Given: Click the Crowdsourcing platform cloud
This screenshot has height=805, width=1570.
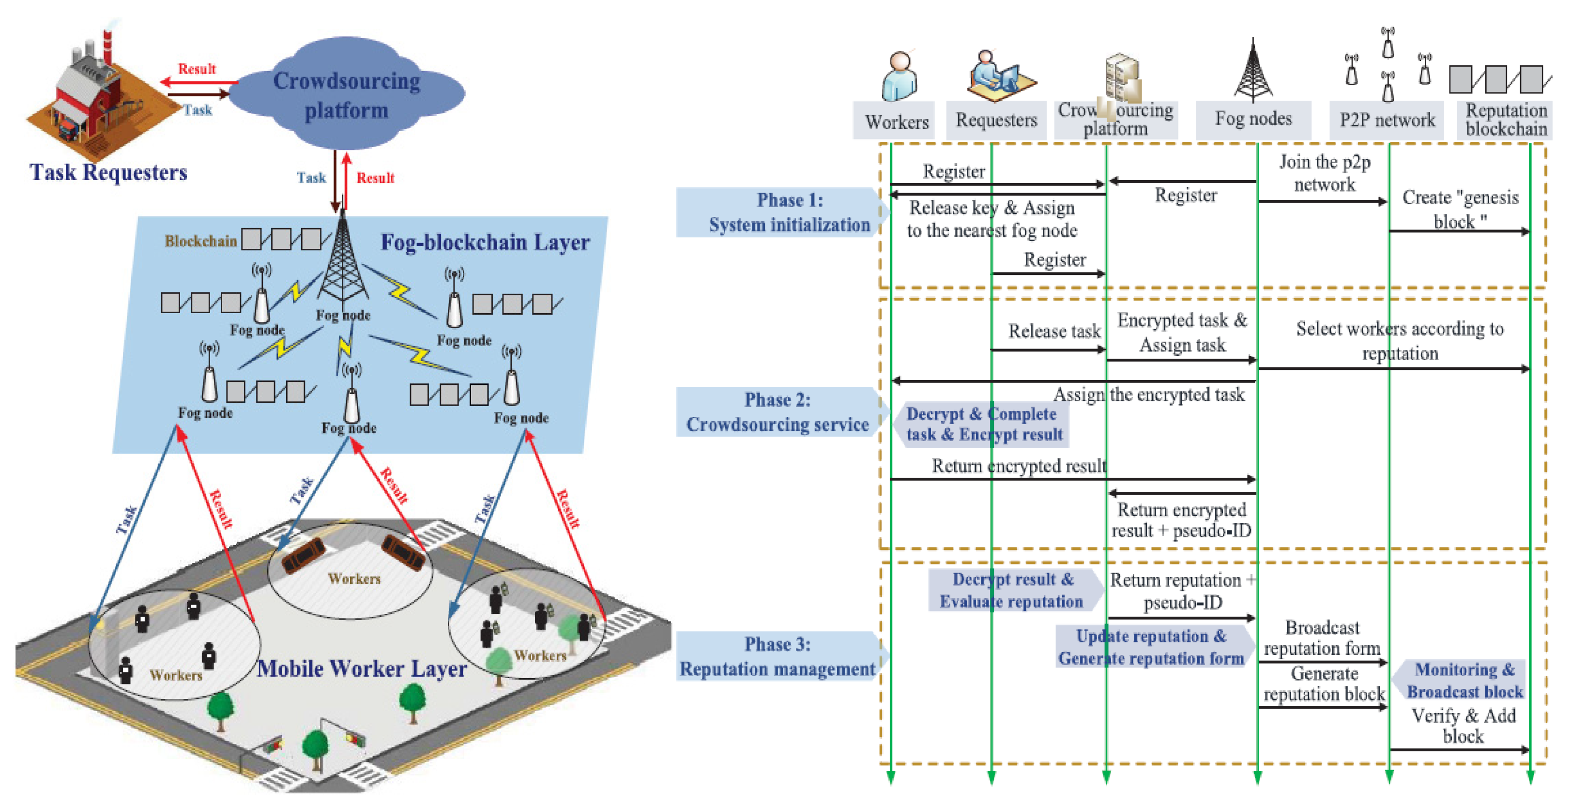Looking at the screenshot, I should (x=346, y=94).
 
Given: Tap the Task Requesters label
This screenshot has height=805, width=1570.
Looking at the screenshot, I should (x=108, y=172).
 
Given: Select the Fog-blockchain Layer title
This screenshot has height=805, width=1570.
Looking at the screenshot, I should (x=485, y=243).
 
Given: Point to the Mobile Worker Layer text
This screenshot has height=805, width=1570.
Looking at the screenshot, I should (x=362, y=668).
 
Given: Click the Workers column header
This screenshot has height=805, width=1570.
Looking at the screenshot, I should (x=896, y=122).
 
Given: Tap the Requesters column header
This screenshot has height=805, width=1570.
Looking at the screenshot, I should (x=996, y=120).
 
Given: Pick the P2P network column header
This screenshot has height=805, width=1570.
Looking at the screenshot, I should (x=1387, y=120).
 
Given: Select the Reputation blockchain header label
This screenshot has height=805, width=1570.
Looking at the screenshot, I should (x=1506, y=120).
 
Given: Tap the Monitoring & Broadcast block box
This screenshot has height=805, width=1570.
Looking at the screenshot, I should (x=1464, y=681).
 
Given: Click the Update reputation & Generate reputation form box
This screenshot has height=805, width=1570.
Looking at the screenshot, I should (x=1151, y=647).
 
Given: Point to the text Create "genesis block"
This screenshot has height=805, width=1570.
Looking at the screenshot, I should (x=1460, y=209).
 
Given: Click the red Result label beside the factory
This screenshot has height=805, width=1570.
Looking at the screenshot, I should (x=196, y=69).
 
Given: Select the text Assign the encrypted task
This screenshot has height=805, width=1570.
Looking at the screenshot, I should (x=1148, y=395).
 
